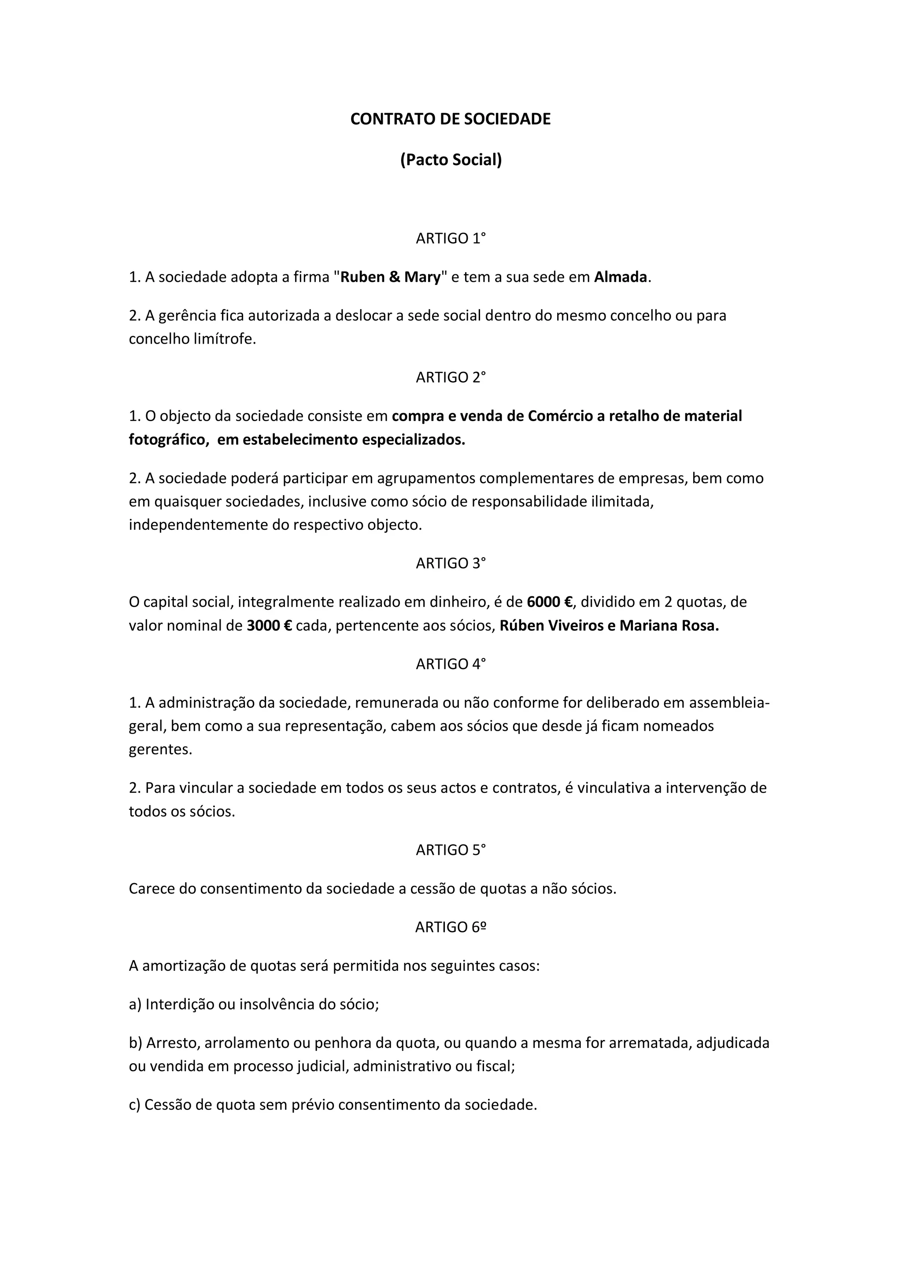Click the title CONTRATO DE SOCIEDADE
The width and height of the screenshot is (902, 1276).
pyautogui.click(x=450, y=119)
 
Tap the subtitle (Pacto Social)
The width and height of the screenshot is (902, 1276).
pyautogui.click(x=451, y=160)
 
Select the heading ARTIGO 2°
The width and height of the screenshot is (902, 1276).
pyautogui.click(x=451, y=377)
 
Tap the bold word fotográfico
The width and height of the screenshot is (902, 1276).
pyautogui.click(x=168, y=440)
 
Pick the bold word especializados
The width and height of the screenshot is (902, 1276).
pyautogui.click(x=413, y=440)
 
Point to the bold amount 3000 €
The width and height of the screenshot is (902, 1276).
pyautogui.click(x=269, y=626)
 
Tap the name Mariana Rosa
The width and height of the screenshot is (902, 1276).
pyautogui.click(x=669, y=626)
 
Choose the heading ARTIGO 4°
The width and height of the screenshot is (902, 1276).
pyautogui.click(x=451, y=664)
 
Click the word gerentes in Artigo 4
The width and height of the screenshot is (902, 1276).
pyautogui.click(x=160, y=750)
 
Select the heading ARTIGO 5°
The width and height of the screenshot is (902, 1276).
pyautogui.click(x=451, y=850)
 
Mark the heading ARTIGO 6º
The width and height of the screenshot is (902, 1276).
pyautogui.click(x=451, y=928)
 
